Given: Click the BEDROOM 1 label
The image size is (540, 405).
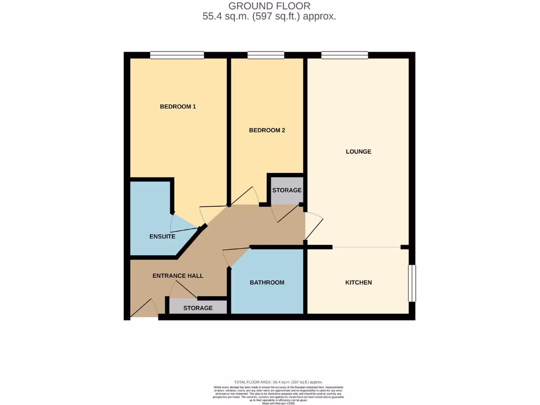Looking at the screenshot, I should (x=178, y=107).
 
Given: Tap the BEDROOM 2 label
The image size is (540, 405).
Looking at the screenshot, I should (x=267, y=130).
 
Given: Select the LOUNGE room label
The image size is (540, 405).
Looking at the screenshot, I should (x=359, y=152).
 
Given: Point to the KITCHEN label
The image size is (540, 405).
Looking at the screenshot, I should (x=359, y=283).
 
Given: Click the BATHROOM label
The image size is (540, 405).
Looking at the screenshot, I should (x=267, y=283).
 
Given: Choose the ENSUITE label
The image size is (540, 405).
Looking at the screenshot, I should (x=162, y=237).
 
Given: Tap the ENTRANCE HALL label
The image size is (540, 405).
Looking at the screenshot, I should (x=178, y=276).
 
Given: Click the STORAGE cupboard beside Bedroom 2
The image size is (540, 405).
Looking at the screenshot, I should (x=287, y=190).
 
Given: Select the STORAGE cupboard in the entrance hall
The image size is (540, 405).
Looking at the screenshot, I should (x=198, y=308).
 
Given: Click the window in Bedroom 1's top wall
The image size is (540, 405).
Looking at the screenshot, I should (x=177, y=55).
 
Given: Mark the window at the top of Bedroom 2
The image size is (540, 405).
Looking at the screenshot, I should (x=266, y=55).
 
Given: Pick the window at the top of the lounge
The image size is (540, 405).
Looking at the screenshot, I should (x=344, y=55).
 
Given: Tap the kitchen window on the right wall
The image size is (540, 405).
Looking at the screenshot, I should (x=412, y=283).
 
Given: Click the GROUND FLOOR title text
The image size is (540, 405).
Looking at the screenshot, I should (x=269, y=6).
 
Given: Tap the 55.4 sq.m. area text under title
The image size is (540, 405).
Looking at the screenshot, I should (x=269, y=16).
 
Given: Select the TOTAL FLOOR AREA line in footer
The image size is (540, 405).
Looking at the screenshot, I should (x=278, y=382).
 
